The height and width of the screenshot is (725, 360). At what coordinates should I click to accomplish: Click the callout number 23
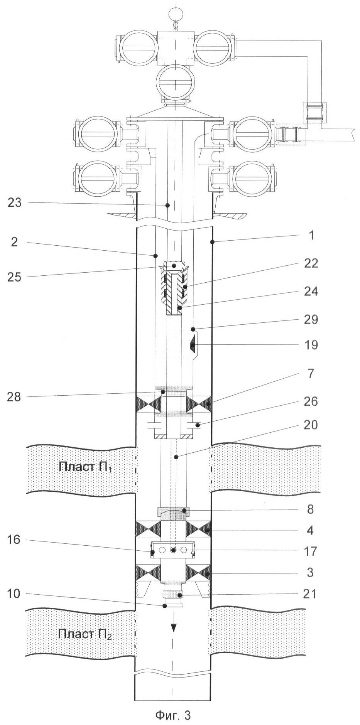click(15, 203)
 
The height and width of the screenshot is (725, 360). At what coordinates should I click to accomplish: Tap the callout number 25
click(15, 277)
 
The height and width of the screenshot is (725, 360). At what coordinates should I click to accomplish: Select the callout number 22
click(311, 263)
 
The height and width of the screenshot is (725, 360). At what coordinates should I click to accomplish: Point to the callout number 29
click(311, 319)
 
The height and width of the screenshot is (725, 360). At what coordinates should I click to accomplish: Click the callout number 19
click(311, 344)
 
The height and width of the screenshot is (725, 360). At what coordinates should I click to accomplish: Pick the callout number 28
click(15, 396)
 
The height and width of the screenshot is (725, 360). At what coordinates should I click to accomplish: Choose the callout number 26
click(311, 401)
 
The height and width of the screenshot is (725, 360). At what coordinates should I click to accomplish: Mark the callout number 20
click(311, 425)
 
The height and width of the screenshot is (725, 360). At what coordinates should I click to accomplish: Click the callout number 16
click(14, 540)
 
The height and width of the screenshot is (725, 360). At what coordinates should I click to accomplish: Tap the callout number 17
click(311, 551)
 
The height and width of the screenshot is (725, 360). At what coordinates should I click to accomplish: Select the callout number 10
click(14, 593)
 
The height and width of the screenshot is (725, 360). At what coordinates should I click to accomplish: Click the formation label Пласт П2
click(85, 634)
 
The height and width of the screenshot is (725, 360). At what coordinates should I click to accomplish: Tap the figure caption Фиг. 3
click(173, 715)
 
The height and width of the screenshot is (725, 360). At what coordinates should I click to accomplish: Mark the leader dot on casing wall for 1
click(212, 242)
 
